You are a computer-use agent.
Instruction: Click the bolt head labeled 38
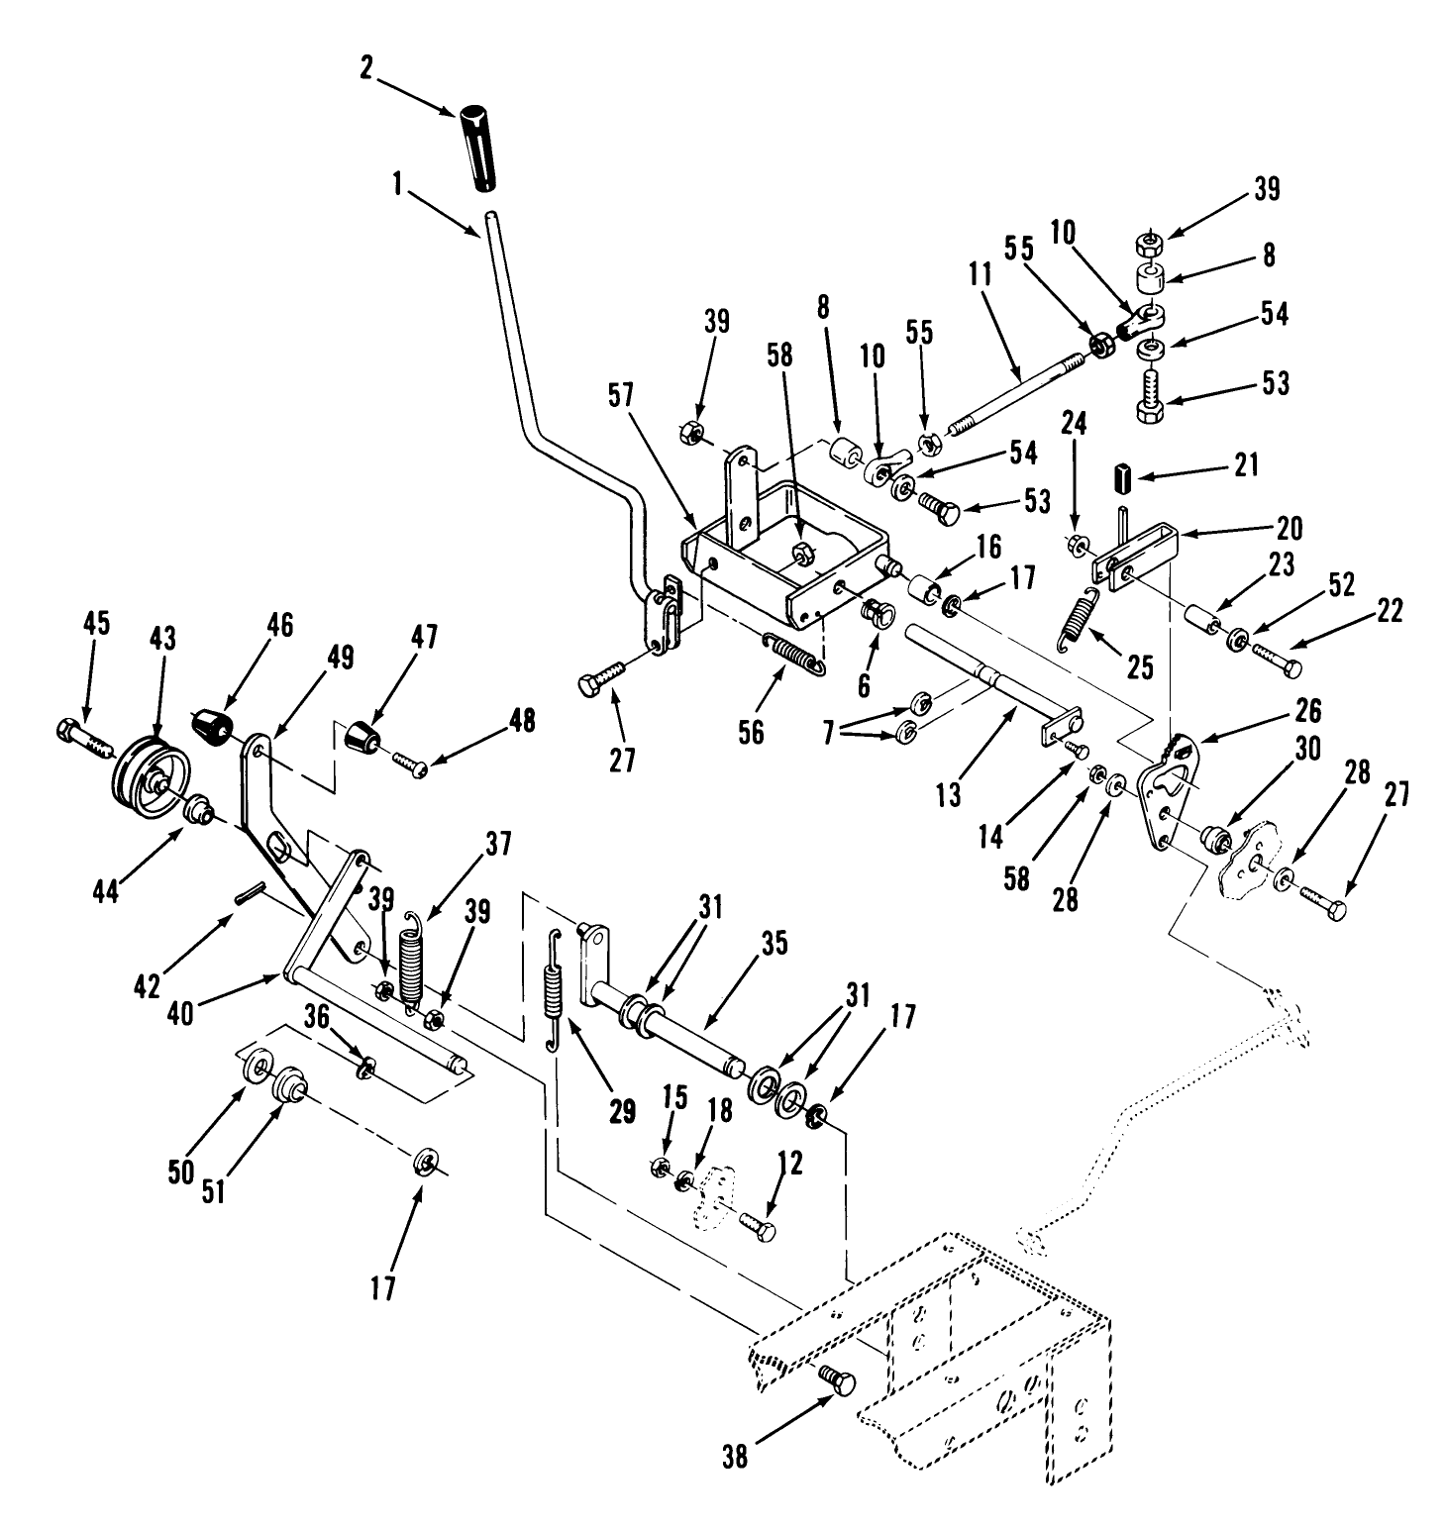(837, 1379)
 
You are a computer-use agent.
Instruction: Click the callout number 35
(774, 943)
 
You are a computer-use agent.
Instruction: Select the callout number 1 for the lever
(397, 183)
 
